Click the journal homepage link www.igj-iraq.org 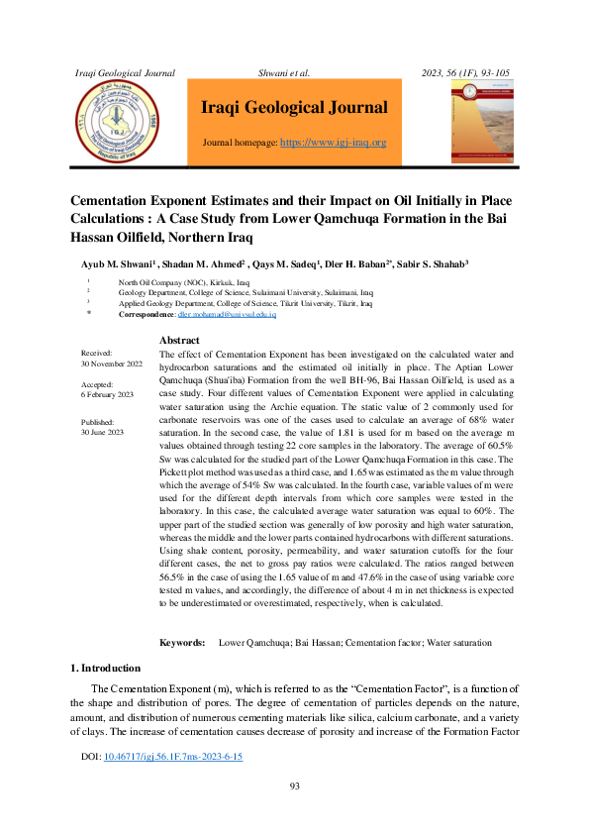coord(334,143)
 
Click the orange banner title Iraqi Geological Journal coord(294,108)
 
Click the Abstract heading coord(179,341)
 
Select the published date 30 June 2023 coord(102,433)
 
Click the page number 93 coord(294,786)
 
